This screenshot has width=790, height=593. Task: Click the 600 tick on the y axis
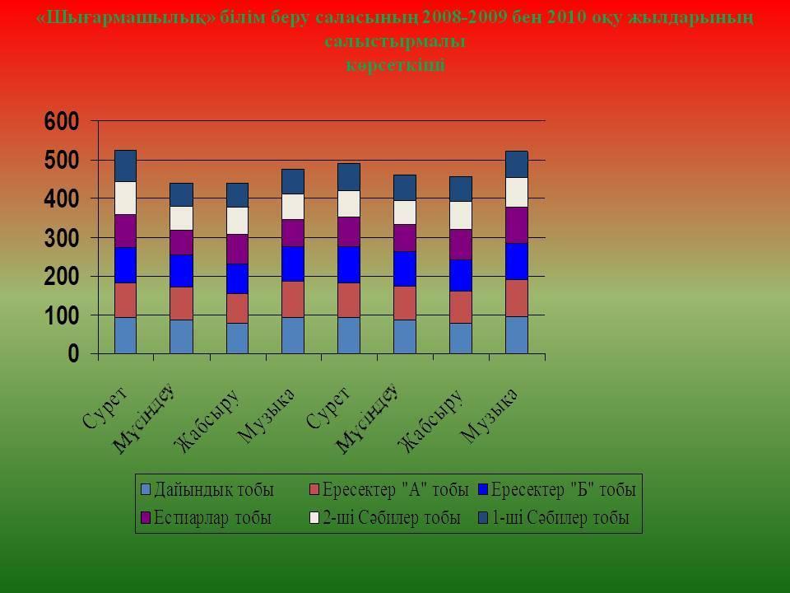62,121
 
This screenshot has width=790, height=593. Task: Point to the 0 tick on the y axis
73,354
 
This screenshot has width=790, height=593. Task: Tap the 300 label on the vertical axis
62,238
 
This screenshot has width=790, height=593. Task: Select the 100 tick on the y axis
62,315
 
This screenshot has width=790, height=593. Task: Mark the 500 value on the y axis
62,160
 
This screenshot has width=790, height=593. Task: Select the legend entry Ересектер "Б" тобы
563,490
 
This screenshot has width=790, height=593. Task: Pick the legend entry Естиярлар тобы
213,518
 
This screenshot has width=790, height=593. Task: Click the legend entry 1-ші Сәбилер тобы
560,518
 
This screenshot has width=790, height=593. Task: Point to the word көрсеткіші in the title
395,66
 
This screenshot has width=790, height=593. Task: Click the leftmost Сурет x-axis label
105,406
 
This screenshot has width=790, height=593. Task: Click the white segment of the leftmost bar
125,198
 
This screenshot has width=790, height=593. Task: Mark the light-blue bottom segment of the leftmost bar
125,335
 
